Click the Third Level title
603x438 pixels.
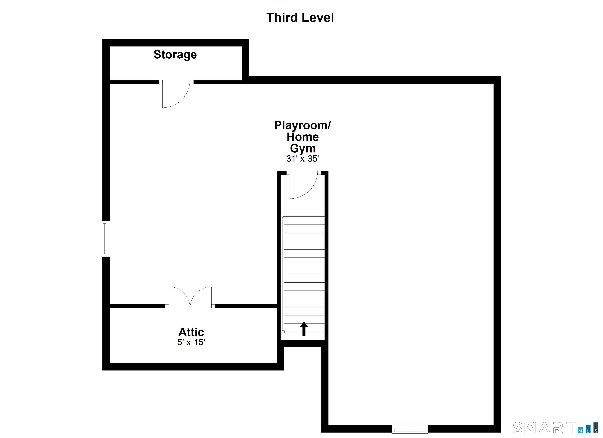(300, 17)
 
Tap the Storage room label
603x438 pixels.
(175, 55)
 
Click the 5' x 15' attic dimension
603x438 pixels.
(191, 342)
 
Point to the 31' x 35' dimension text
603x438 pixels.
(302, 159)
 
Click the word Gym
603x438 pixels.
(302, 148)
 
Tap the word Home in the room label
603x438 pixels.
(302, 137)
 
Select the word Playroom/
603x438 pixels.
(302, 125)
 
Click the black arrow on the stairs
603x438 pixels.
(304, 329)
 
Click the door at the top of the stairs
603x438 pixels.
(303, 186)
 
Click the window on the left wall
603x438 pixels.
(106, 239)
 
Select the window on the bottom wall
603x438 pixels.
(409, 429)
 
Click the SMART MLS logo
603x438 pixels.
(556, 427)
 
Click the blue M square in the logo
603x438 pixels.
(580, 431)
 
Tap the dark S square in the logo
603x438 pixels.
(596, 431)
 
